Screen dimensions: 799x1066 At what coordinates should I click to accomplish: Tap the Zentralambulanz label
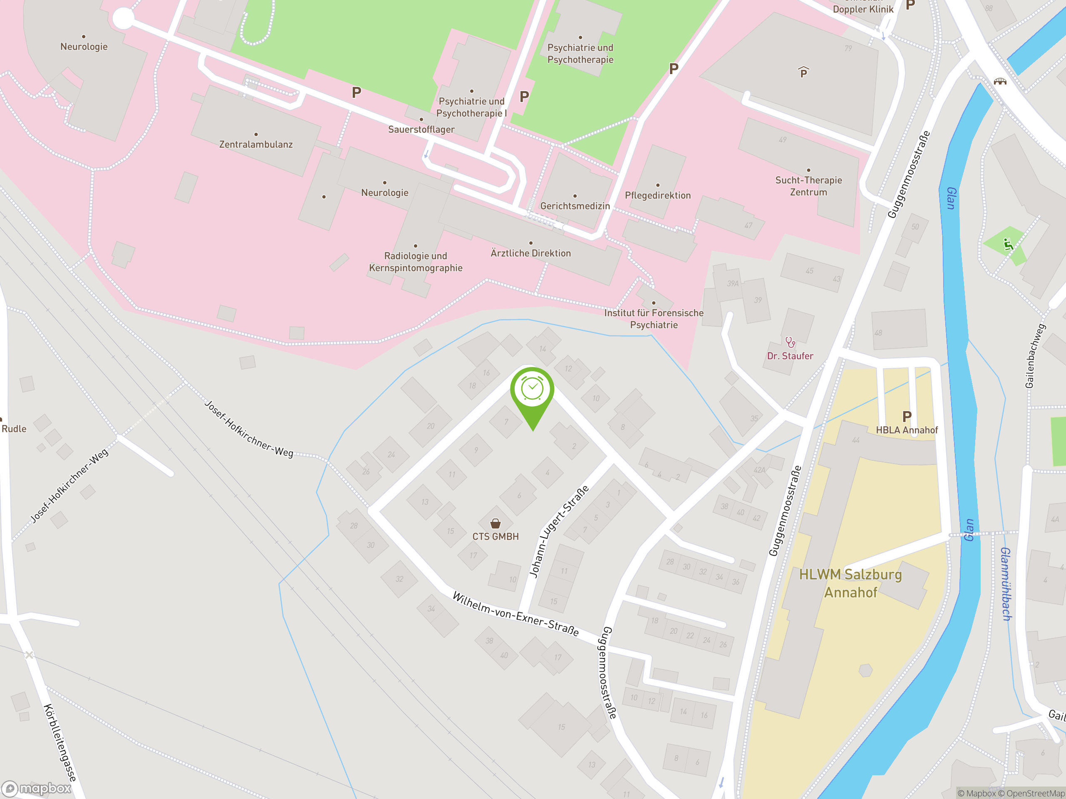point(256,144)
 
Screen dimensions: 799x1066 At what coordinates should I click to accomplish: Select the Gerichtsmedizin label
point(575,206)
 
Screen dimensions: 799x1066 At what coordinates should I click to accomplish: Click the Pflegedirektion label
point(658,195)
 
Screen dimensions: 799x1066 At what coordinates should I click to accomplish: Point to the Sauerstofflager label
point(421,129)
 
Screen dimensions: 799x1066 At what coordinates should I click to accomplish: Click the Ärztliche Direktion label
point(531,253)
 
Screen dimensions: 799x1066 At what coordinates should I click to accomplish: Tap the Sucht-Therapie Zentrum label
point(808,186)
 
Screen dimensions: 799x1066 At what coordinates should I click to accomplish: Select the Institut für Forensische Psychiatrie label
point(653,318)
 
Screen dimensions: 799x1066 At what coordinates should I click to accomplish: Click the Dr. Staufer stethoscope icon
point(790,342)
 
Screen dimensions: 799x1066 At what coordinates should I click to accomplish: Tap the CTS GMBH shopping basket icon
point(496,523)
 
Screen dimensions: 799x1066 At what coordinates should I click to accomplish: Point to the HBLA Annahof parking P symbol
point(907,416)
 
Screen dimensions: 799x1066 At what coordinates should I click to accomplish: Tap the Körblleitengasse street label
point(60,742)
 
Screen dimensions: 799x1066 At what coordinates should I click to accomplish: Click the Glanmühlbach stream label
point(1006,584)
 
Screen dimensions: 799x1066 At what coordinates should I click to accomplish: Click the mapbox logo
point(37,789)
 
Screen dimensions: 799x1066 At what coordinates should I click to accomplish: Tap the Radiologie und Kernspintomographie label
point(416,261)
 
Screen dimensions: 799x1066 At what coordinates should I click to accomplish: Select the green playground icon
point(1008,244)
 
